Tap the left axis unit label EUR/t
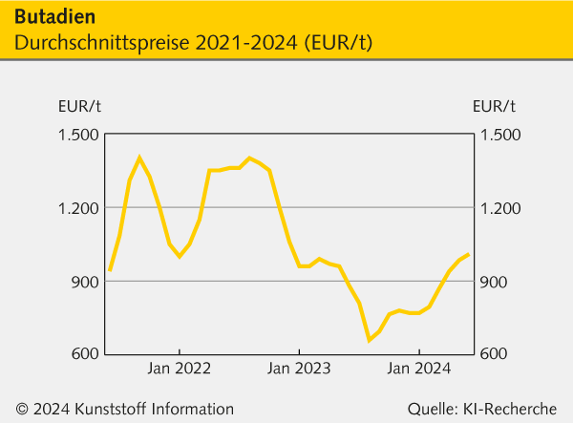79,106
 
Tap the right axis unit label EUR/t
494,106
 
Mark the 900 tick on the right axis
494,282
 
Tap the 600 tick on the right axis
494,354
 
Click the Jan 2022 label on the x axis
179,368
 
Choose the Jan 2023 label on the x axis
299,368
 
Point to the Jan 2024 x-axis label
418,368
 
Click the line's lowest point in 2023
369,340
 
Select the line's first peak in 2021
139,158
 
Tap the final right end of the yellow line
468,255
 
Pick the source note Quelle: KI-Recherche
481,410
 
